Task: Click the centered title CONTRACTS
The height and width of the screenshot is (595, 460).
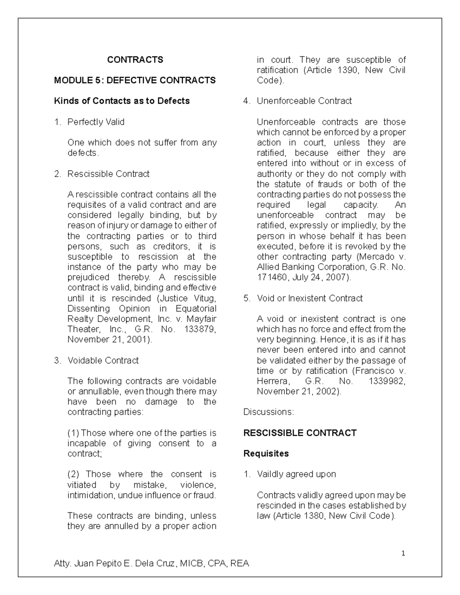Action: tap(135, 60)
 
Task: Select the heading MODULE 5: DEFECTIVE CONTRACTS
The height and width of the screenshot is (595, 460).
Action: tap(135, 80)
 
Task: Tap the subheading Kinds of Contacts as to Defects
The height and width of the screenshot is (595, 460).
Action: tap(122, 101)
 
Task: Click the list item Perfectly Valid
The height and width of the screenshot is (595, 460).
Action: tap(96, 122)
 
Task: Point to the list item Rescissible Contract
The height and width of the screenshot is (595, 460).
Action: tap(108, 174)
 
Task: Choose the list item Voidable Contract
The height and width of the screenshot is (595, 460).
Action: tap(103, 361)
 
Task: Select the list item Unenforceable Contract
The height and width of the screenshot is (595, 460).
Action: tap(304, 101)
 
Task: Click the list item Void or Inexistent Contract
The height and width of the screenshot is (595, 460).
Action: tap(309, 298)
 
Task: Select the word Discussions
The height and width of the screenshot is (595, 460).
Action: tap(269, 412)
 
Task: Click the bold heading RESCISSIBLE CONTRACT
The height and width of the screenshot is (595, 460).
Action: tap(300, 433)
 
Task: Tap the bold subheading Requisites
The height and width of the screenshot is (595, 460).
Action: tap(266, 454)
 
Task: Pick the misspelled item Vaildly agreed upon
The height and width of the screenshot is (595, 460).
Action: tap(296, 474)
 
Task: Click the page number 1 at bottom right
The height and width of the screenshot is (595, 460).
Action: tap(402, 553)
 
